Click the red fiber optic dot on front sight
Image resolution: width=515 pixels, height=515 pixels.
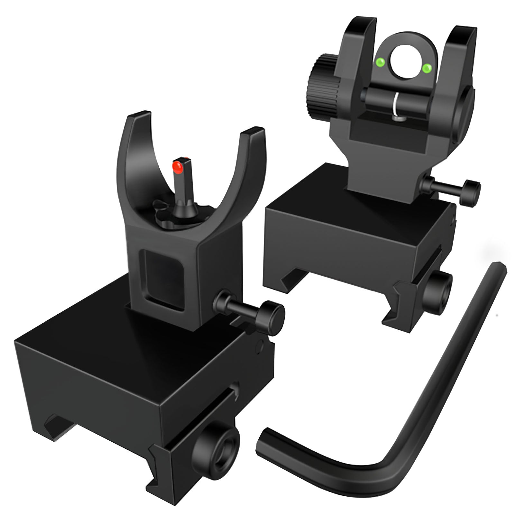tap(177, 166)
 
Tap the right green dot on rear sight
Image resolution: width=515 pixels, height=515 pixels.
tap(427, 68)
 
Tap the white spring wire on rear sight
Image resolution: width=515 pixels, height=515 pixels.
tap(397, 105)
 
